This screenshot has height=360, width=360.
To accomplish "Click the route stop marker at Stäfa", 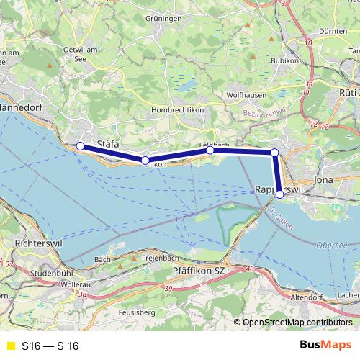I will (x=80, y=146).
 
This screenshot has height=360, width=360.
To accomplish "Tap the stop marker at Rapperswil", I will (x=279, y=194).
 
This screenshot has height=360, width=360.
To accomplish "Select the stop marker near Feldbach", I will (x=210, y=150).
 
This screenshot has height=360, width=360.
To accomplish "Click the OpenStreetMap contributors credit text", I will (x=297, y=323).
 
